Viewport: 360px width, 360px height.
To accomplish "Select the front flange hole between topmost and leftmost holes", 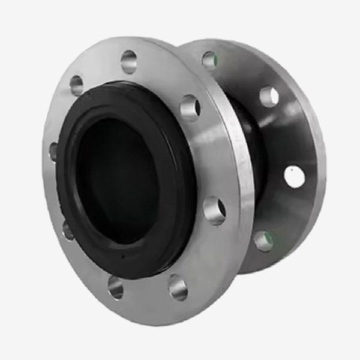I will (x=76, y=85).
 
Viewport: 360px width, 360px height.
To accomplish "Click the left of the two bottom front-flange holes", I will (x=115, y=287).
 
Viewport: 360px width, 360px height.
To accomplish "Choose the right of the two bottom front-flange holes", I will (x=178, y=287).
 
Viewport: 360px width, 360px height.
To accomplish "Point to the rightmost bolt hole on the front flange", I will (x=214, y=211).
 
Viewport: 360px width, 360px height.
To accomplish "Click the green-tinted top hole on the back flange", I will (x=209, y=59).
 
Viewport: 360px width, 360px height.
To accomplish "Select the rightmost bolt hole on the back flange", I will (x=294, y=176).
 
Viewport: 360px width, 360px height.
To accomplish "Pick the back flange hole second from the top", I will (x=269, y=96).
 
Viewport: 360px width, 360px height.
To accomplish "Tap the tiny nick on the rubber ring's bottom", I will (x=122, y=254).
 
